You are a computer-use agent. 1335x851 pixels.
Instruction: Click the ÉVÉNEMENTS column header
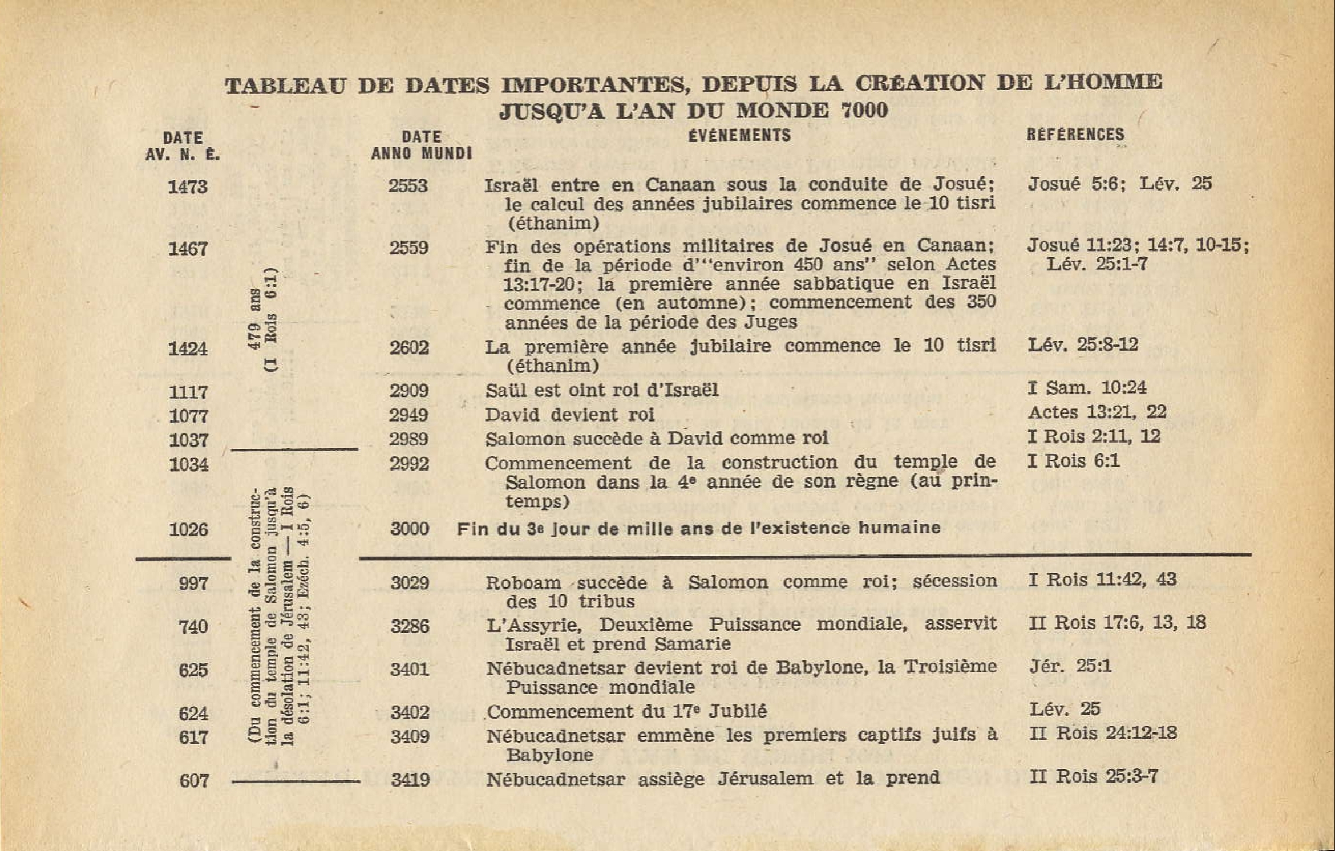739,136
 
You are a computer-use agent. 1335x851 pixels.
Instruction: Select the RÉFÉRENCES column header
1075,135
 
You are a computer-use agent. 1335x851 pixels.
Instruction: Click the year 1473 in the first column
187,187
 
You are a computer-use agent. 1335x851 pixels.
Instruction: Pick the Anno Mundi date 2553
408,186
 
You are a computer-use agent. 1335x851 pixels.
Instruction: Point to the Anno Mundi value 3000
410,529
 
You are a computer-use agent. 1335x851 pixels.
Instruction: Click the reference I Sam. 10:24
1087,388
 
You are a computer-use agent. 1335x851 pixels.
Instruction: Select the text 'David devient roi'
569,415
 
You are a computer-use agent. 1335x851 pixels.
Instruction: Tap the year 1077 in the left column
188,416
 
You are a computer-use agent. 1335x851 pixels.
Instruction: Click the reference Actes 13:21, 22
1097,412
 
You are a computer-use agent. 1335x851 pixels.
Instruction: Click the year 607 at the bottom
194,780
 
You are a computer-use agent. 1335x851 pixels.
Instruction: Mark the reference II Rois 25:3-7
1093,776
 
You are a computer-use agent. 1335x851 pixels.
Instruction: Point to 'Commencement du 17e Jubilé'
626,711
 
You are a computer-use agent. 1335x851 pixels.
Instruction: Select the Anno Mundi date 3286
410,626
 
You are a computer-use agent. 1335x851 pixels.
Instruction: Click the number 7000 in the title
865,110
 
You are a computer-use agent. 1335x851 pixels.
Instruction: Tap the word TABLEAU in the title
285,86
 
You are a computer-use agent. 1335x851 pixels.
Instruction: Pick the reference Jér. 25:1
1070,666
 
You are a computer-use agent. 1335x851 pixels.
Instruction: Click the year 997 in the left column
193,583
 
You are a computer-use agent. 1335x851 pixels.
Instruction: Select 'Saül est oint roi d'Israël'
601,390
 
